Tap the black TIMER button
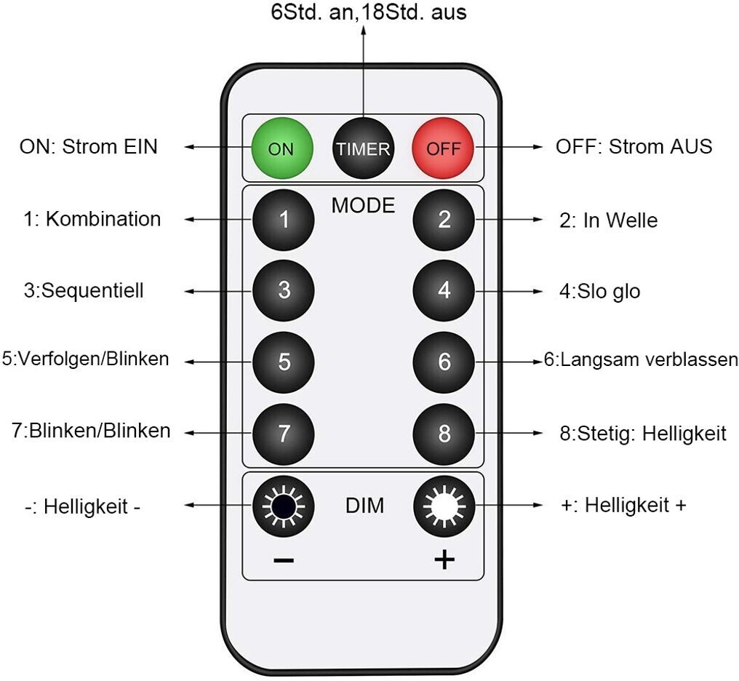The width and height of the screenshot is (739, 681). [363, 148]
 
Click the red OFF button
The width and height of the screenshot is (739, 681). [443, 148]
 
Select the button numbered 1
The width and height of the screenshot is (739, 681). [283, 220]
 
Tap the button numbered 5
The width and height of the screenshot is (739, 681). [283, 362]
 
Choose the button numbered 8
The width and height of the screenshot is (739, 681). [444, 434]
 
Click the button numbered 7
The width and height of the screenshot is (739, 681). [283, 434]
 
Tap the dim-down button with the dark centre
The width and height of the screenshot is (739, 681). [283, 506]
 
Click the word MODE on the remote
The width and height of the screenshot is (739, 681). [363, 205]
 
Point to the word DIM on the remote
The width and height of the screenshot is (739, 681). [364, 506]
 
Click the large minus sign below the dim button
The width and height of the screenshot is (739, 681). [284, 560]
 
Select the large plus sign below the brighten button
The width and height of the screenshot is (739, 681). [444, 559]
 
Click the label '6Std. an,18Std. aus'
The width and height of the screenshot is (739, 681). [369, 12]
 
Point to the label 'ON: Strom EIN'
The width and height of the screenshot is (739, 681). [89, 146]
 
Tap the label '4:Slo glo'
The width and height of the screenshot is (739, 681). [599, 291]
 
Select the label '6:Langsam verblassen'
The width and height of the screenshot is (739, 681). [641, 359]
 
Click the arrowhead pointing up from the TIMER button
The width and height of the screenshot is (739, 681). [364, 30]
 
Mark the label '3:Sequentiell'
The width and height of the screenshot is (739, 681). [84, 290]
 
